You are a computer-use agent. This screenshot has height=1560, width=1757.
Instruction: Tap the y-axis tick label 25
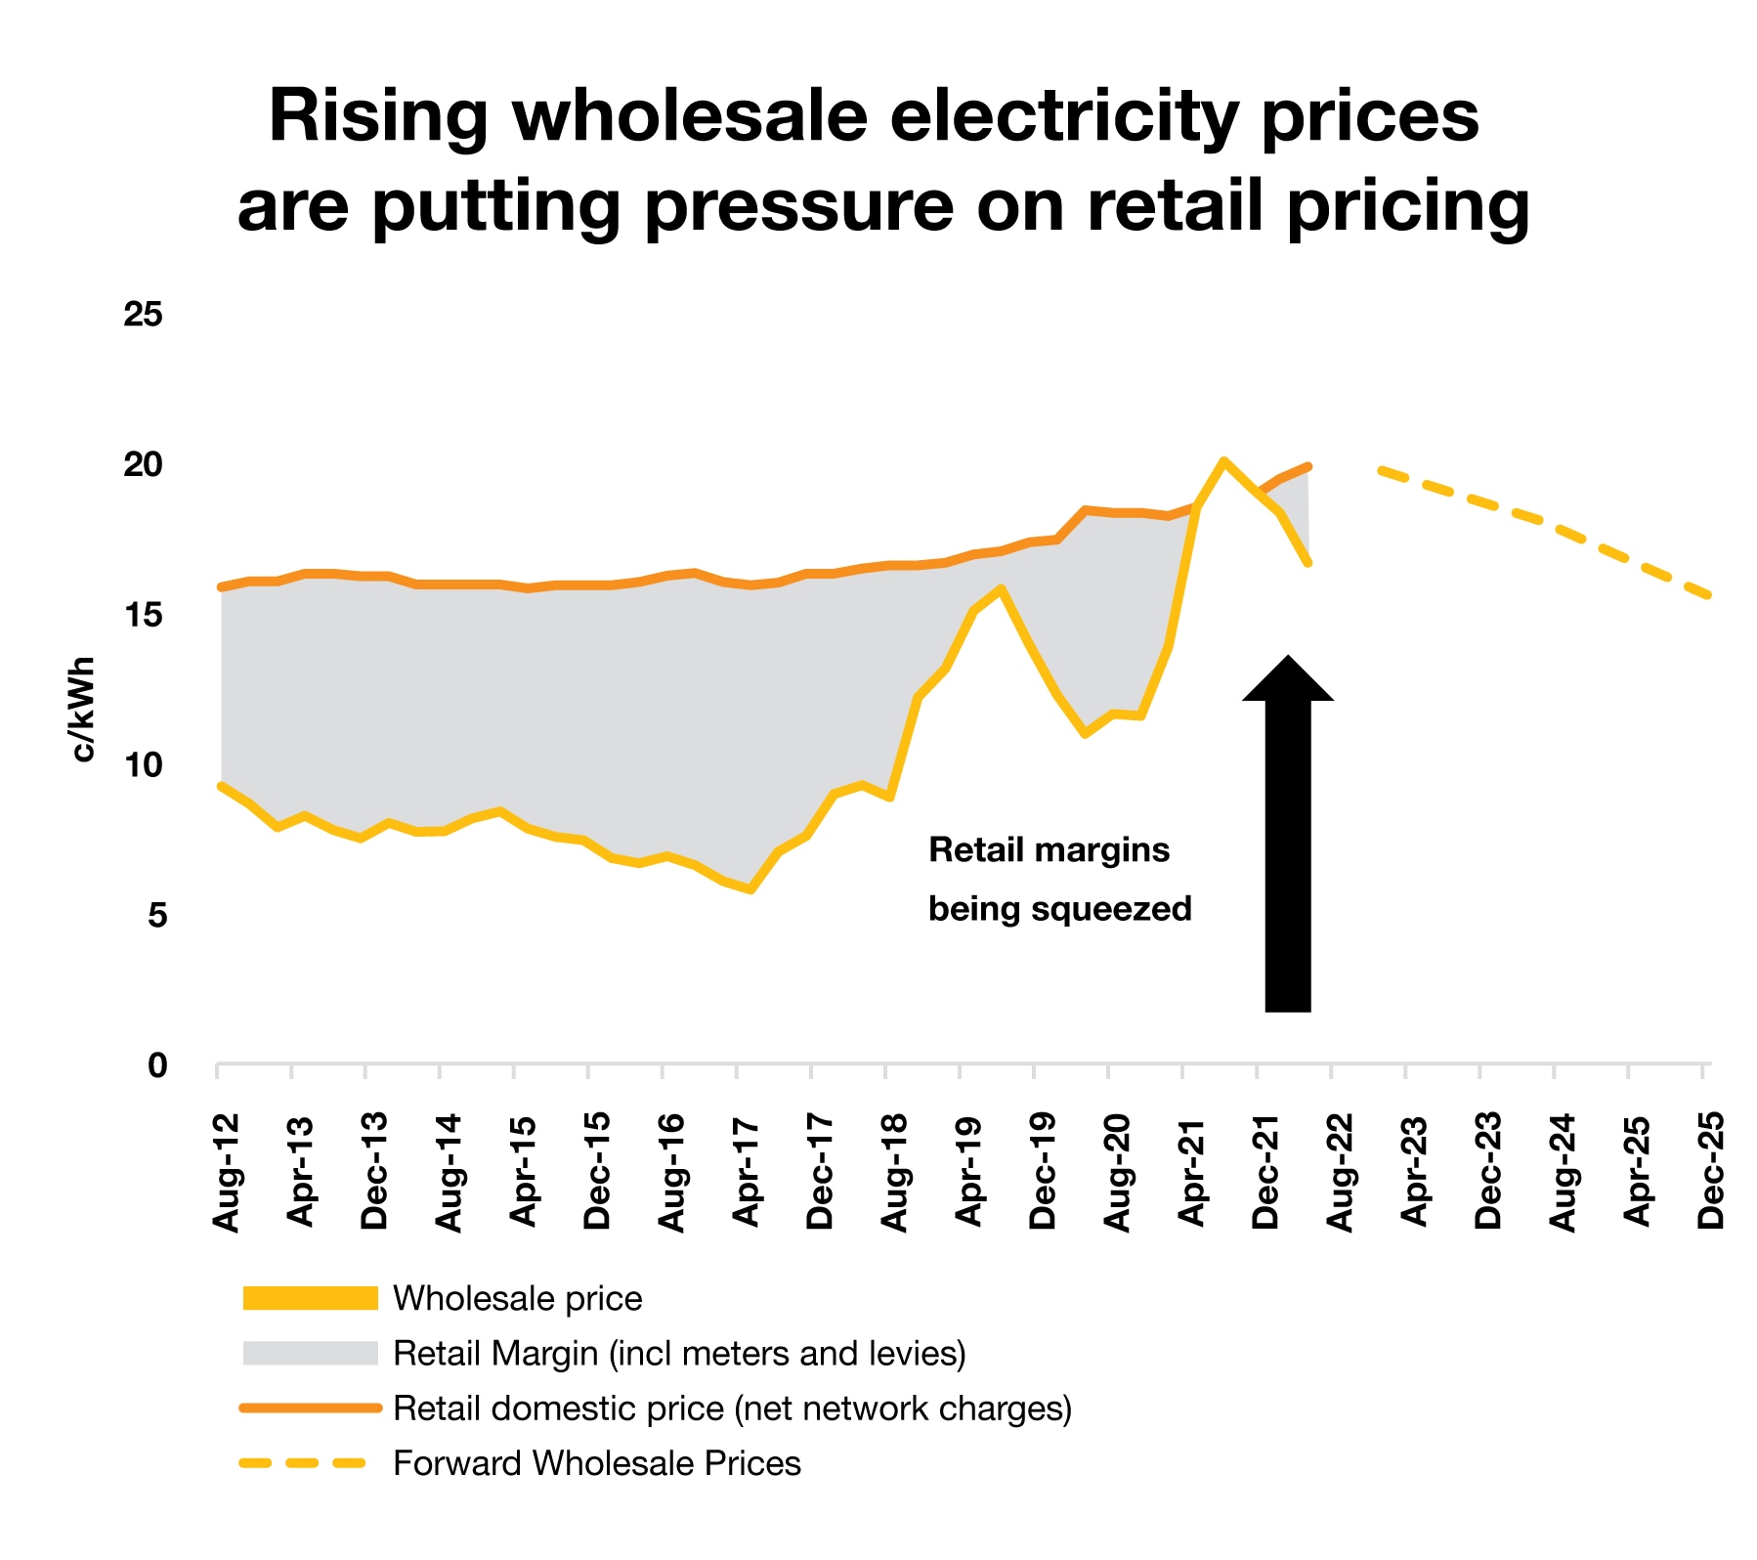coord(143,315)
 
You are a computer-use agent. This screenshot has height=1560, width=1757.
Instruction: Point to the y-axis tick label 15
coord(143,615)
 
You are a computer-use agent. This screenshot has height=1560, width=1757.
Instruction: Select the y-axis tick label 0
coord(156,1065)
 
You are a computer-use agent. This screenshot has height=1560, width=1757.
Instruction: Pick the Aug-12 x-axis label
coord(226,1171)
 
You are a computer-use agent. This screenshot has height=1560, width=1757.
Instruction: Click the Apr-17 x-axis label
coord(746,1171)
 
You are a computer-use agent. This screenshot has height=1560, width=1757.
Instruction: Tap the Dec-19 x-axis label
coord(1043,1171)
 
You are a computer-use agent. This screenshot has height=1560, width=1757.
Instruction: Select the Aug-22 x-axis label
coord(1340,1171)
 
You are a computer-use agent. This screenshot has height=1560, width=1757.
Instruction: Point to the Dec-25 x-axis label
coord(1711,1171)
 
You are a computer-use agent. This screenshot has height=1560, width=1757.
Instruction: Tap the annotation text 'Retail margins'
coord(1049,850)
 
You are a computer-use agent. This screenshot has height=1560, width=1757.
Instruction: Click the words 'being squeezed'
coord(1059,909)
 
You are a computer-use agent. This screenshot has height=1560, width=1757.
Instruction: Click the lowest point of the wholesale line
coord(750,889)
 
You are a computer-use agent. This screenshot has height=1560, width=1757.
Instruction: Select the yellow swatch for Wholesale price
coord(310,1298)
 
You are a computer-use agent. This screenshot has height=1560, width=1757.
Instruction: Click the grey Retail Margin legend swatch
coord(310,1354)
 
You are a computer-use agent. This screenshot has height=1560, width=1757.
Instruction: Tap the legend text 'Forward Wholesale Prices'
coord(596,1463)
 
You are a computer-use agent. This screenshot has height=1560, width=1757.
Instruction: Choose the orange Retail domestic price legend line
coord(310,1408)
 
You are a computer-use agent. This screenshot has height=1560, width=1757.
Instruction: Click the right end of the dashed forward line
coord(1708,594)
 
